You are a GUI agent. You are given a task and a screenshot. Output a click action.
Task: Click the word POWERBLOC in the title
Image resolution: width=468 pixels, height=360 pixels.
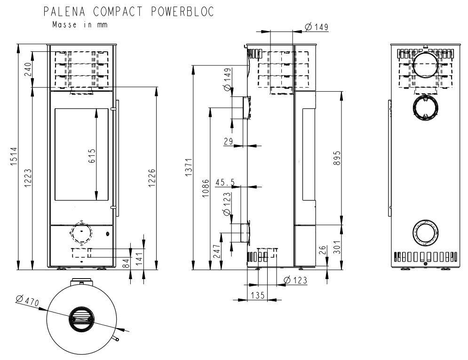[x=182, y=12]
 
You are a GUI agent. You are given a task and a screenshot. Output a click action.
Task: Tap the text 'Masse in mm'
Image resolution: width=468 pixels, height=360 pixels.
[x=79, y=24]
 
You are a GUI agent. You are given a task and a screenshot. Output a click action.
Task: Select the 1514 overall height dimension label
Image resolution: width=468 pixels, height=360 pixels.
[x=14, y=156]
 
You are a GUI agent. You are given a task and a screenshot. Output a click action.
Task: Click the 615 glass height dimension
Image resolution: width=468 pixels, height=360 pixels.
[x=92, y=156]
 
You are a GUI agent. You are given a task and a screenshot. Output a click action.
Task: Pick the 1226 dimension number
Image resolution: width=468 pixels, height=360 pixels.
[x=152, y=178]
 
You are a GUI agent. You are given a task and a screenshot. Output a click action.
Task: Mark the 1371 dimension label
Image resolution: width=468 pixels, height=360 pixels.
[x=189, y=167]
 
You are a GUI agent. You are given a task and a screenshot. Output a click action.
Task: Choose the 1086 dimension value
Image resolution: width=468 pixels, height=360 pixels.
[x=206, y=188]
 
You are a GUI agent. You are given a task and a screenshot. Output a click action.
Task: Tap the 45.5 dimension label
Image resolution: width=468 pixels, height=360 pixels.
[x=225, y=182]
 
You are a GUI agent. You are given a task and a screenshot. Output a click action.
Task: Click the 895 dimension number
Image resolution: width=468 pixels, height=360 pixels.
[x=337, y=158]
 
